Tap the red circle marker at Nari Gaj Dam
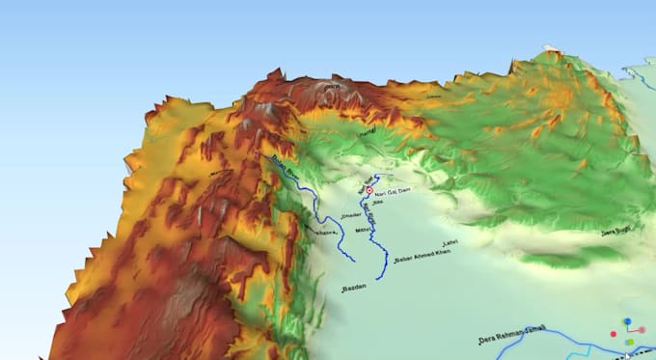point(369,191)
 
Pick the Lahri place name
point(446,240)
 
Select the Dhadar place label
point(350,216)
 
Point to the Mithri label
point(362,232)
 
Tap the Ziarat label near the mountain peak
point(332,88)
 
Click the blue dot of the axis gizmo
point(627,319)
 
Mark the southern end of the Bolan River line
point(353,260)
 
